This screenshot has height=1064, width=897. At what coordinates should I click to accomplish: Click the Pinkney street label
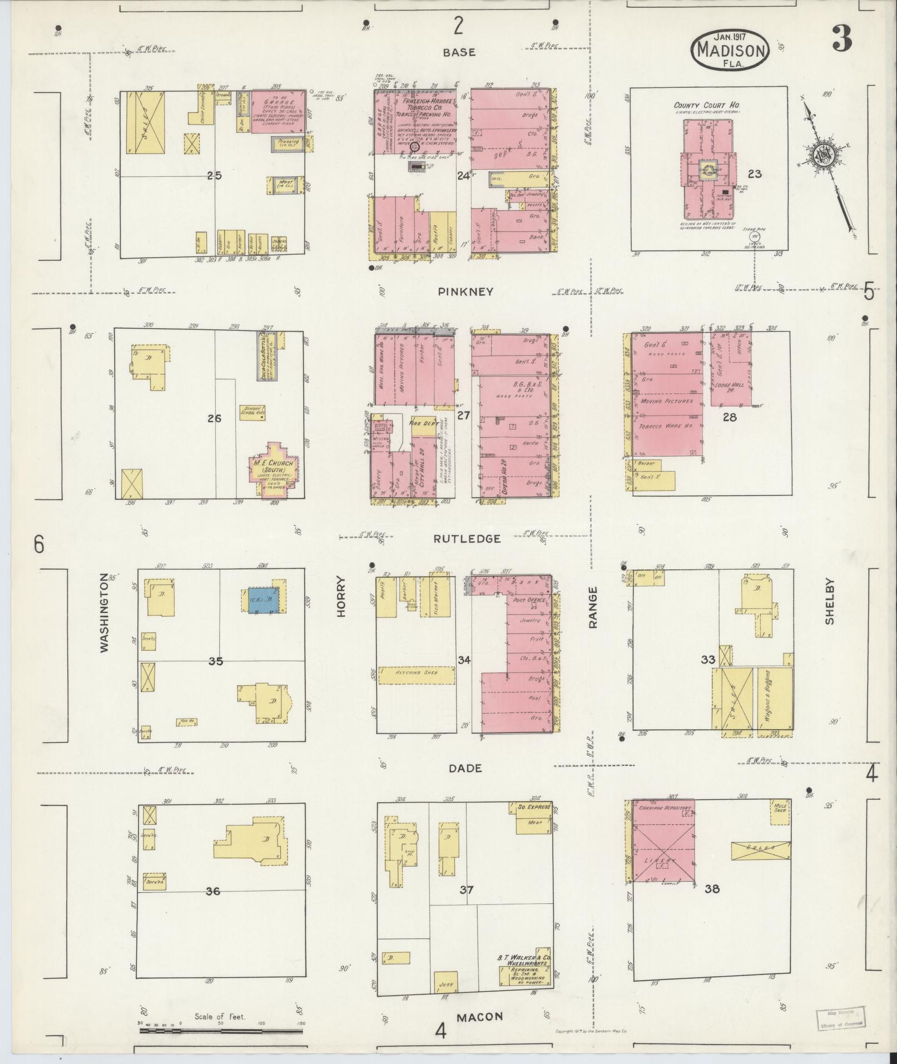point(465,291)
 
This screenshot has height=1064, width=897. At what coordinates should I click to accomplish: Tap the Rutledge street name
point(468,538)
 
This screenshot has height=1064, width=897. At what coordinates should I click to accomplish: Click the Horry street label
point(341,596)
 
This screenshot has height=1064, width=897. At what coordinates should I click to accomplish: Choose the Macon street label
point(479,1017)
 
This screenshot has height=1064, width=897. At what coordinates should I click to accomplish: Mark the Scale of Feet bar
point(221,1030)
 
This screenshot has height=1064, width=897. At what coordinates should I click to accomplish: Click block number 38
point(712,889)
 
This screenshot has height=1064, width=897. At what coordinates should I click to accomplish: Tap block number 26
point(214,418)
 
